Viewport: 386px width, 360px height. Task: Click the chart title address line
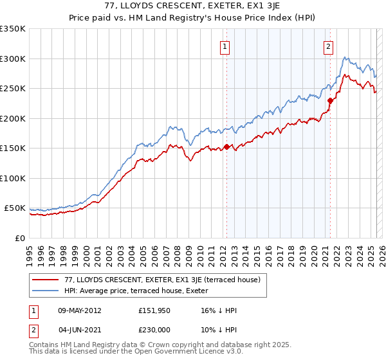point(193,6)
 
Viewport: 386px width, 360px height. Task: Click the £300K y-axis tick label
point(14,59)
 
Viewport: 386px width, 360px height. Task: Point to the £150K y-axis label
point(14,148)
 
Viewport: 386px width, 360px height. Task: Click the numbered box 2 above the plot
point(329,46)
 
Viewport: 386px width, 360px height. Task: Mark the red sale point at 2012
point(226,147)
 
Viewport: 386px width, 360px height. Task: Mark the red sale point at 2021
point(330,100)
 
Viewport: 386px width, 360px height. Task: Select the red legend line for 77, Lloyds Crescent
point(45,280)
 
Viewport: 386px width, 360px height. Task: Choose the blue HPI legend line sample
point(45,291)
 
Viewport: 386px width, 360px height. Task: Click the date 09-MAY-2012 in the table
point(79,310)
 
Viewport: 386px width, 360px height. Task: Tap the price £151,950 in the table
point(154,310)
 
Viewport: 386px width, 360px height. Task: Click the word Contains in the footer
point(43,345)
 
